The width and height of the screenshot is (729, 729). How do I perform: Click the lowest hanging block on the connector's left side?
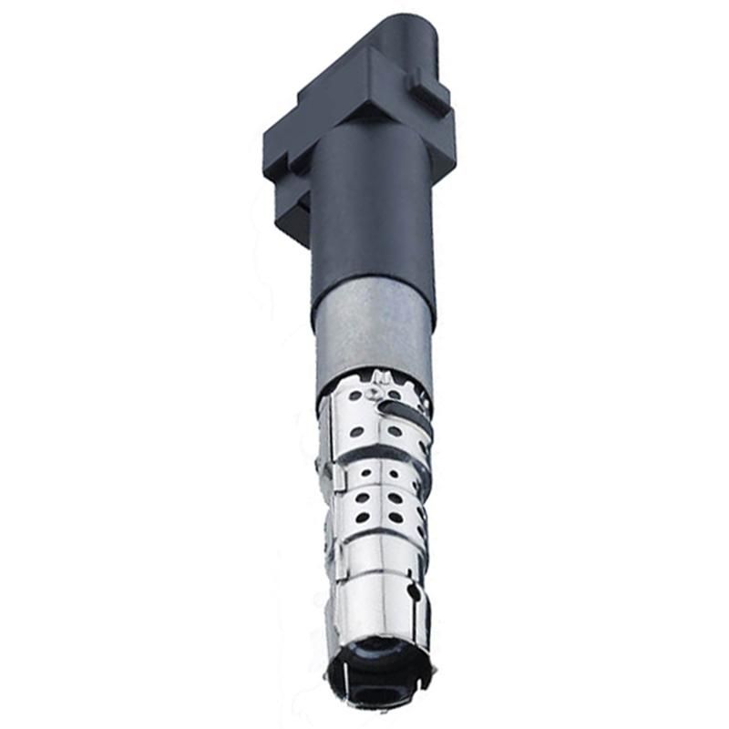click(292, 219)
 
